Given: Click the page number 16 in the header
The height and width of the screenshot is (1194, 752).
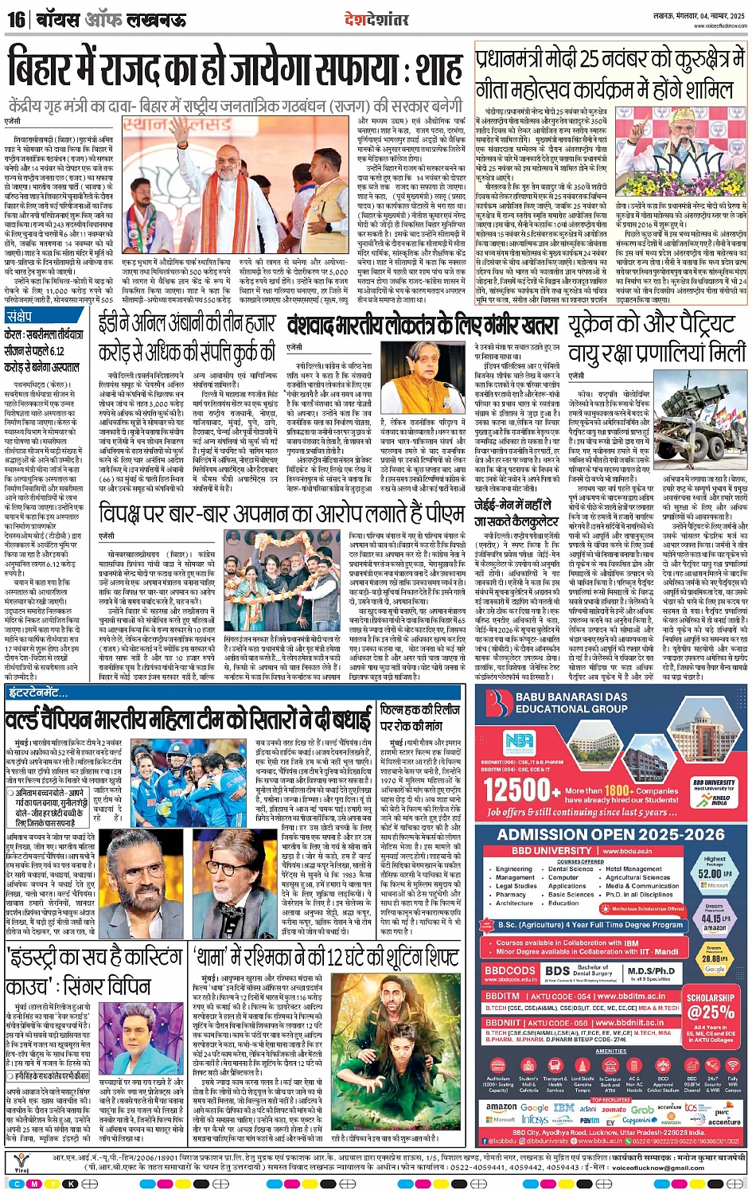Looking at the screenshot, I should pyautogui.click(x=16, y=18).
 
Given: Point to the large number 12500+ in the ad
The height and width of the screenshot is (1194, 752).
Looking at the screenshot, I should pyautogui.click(x=521, y=790).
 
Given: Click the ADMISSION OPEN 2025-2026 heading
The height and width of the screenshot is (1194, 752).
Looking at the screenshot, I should pyautogui.click(x=611, y=834).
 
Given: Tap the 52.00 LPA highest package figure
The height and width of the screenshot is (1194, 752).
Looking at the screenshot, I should pyautogui.click(x=714, y=873).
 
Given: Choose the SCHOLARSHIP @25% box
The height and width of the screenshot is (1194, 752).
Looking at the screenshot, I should pyautogui.click(x=711, y=1006).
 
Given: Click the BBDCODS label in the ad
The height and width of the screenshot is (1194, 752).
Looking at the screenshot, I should pyautogui.click(x=510, y=970).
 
